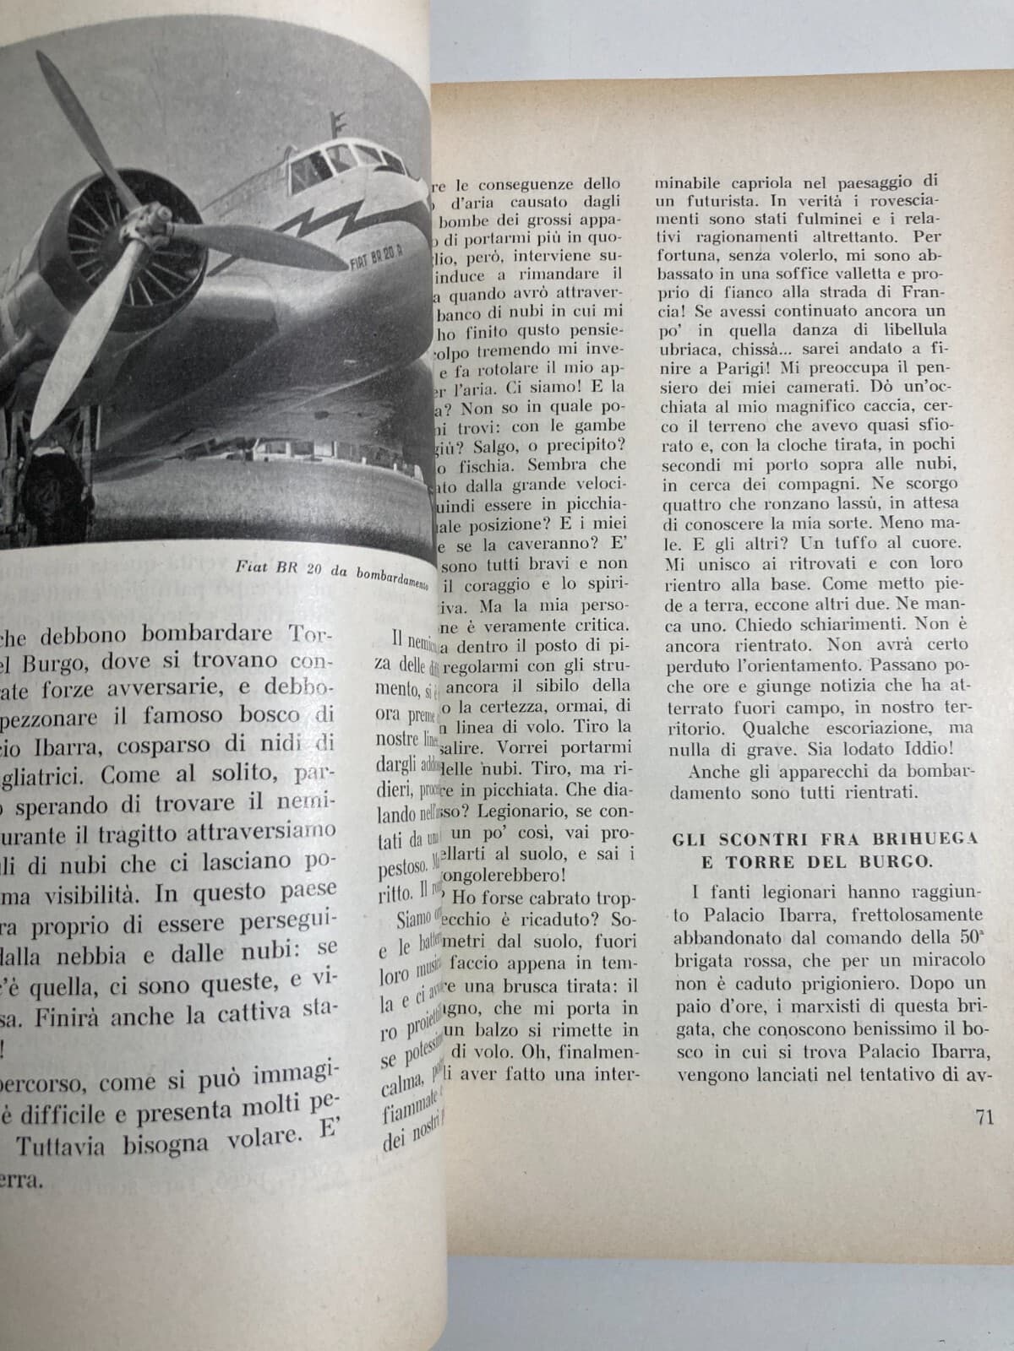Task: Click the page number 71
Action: pyautogui.click(x=982, y=1117)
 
